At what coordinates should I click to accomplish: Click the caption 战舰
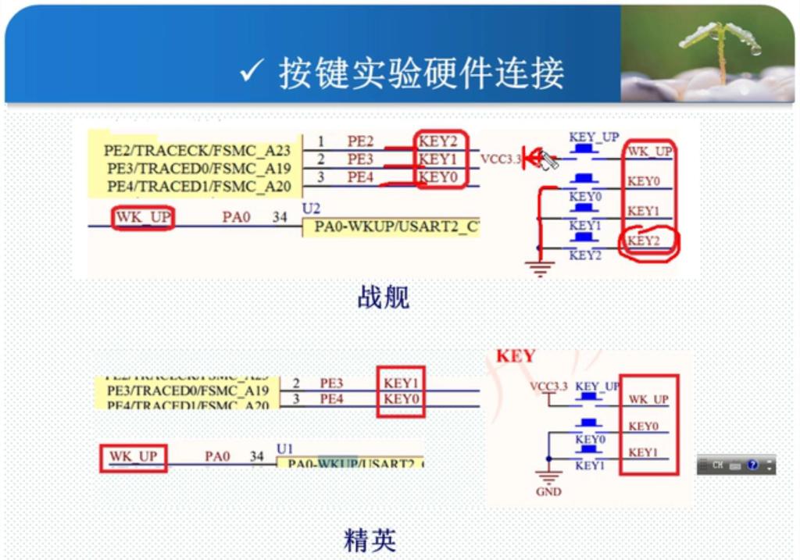pyautogui.click(x=383, y=297)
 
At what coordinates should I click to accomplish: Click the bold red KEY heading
pyautogui.click(x=516, y=356)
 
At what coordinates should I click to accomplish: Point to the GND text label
pyautogui.click(x=548, y=492)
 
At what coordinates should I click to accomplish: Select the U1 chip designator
pyautogui.click(x=286, y=448)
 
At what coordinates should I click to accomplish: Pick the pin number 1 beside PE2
pyautogui.click(x=321, y=141)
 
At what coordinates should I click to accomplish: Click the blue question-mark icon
pyautogui.click(x=753, y=465)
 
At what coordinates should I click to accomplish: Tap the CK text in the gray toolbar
pyautogui.click(x=718, y=465)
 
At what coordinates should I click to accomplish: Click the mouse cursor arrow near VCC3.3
pyautogui.click(x=549, y=161)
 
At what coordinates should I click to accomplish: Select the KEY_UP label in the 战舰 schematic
pyautogui.click(x=594, y=137)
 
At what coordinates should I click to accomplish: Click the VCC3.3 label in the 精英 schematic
pyautogui.click(x=548, y=387)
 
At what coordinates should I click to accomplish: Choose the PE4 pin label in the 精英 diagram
pyautogui.click(x=332, y=400)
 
